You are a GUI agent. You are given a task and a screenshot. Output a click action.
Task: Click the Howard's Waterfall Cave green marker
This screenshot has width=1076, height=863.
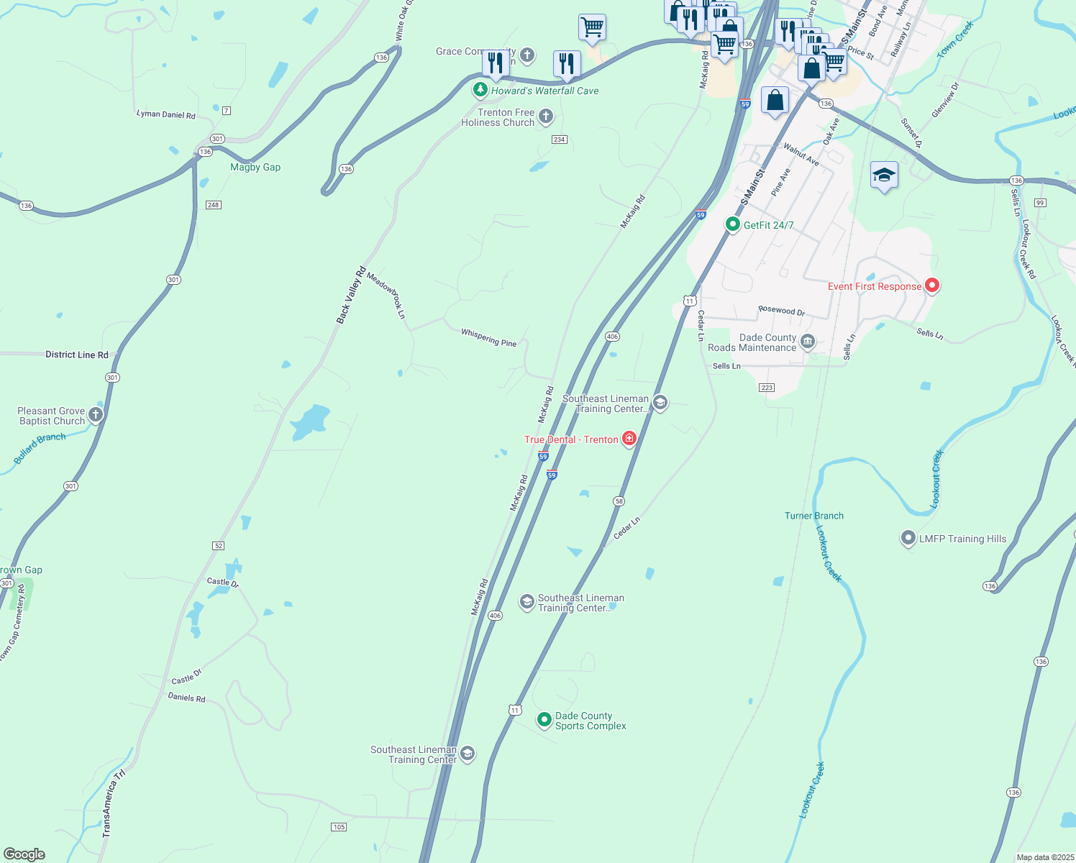tap(480, 90)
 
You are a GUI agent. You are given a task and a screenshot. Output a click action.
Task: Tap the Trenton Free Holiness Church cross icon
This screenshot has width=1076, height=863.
tap(546, 117)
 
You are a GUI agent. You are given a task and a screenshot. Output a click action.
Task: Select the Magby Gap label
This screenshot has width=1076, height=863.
tap(255, 167)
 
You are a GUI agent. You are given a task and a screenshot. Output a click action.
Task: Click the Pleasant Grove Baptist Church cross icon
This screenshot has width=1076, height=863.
tap(95, 414)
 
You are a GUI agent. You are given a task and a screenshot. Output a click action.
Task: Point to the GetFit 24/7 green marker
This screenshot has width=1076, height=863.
tap(732, 224)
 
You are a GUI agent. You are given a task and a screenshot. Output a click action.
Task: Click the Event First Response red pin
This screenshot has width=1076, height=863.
tap(932, 286)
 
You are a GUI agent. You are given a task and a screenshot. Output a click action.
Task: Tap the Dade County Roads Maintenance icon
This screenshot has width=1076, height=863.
tap(808, 341)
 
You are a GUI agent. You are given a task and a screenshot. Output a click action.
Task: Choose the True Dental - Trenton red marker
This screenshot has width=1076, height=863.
tap(629, 439)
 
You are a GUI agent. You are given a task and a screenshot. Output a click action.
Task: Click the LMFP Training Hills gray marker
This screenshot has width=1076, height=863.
tap(908, 538)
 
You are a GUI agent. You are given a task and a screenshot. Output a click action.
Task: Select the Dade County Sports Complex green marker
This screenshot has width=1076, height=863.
tap(544, 719)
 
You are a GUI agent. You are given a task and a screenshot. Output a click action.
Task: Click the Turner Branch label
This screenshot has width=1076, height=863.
tap(813, 516)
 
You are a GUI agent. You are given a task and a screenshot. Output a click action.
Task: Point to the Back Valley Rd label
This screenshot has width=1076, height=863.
tap(351, 295)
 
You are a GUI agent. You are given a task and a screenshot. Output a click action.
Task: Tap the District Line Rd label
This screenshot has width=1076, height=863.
tap(76, 355)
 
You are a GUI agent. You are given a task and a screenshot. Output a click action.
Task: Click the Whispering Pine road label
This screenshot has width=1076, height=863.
tap(489, 337)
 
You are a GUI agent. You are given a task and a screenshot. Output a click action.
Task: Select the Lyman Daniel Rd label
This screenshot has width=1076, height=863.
tap(165, 114)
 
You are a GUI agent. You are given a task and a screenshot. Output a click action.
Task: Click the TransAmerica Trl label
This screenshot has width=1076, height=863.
tap(113, 803)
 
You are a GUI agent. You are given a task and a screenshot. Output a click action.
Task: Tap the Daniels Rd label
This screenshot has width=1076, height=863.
tap(186, 697)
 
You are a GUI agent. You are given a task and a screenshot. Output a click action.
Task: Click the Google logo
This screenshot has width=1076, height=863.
tap(24, 854)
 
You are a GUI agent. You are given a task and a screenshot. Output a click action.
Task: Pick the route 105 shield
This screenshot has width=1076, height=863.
tap(339, 827)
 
